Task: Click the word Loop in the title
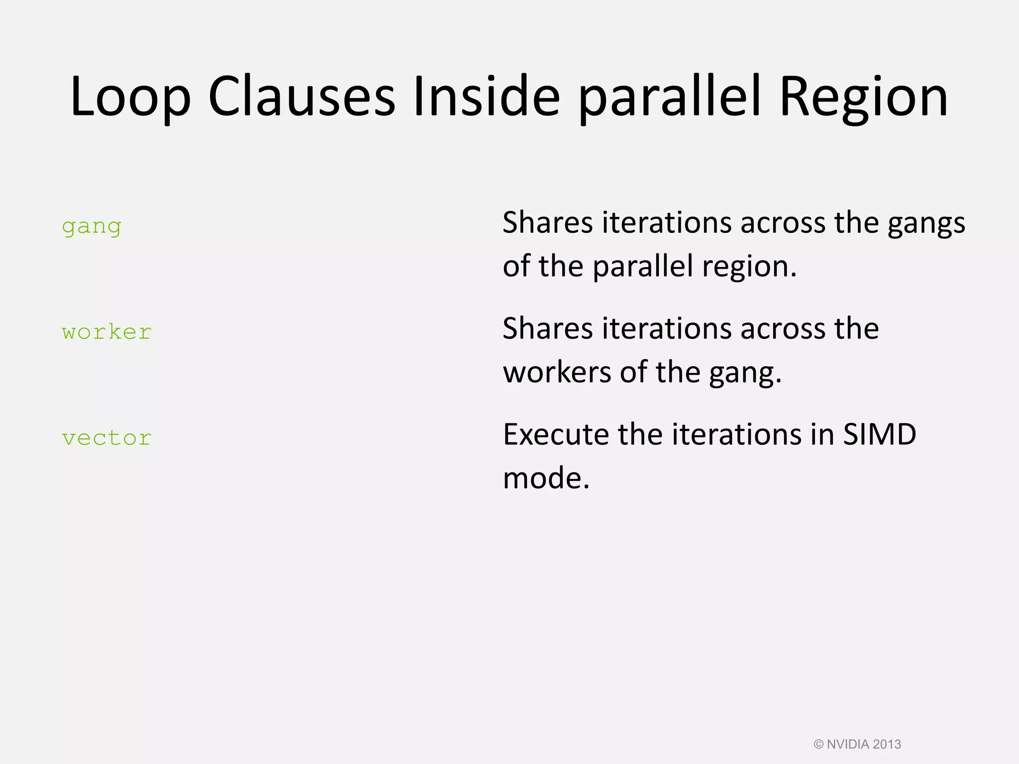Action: pos(130,97)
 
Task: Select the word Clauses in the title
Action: pos(302,97)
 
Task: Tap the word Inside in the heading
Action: pos(486,97)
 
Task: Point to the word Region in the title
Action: pos(863,97)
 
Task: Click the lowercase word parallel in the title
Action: pos(670,97)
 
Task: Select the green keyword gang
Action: pos(92,227)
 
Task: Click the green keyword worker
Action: pos(106,332)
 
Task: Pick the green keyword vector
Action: pos(106,438)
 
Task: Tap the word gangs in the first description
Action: pos(926,224)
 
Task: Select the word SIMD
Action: pos(879,434)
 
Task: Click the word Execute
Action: pos(555,434)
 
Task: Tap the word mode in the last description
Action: pos(545,478)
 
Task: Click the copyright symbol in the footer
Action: pos(818,745)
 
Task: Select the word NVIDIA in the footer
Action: pos(848,745)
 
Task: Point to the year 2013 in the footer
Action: pos(887,745)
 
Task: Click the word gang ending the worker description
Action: pos(745,373)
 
